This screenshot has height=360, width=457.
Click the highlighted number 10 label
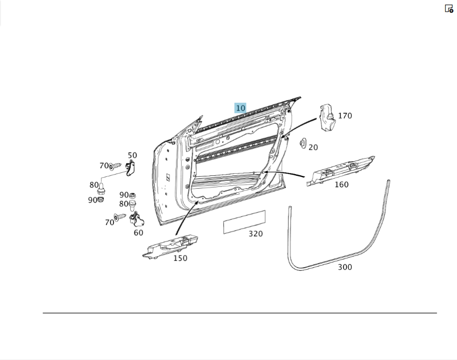point(240,108)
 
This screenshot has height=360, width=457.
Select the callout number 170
point(345,116)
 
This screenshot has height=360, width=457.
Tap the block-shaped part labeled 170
point(327,118)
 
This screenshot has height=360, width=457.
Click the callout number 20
point(313,148)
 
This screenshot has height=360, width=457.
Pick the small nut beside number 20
point(303,143)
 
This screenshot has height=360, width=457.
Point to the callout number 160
point(341,185)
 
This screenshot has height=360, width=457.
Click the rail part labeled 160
point(341,171)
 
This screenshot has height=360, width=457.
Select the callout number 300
point(345,267)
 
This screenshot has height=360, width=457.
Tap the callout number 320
point(255,233)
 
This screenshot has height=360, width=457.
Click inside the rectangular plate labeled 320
point(244,222)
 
